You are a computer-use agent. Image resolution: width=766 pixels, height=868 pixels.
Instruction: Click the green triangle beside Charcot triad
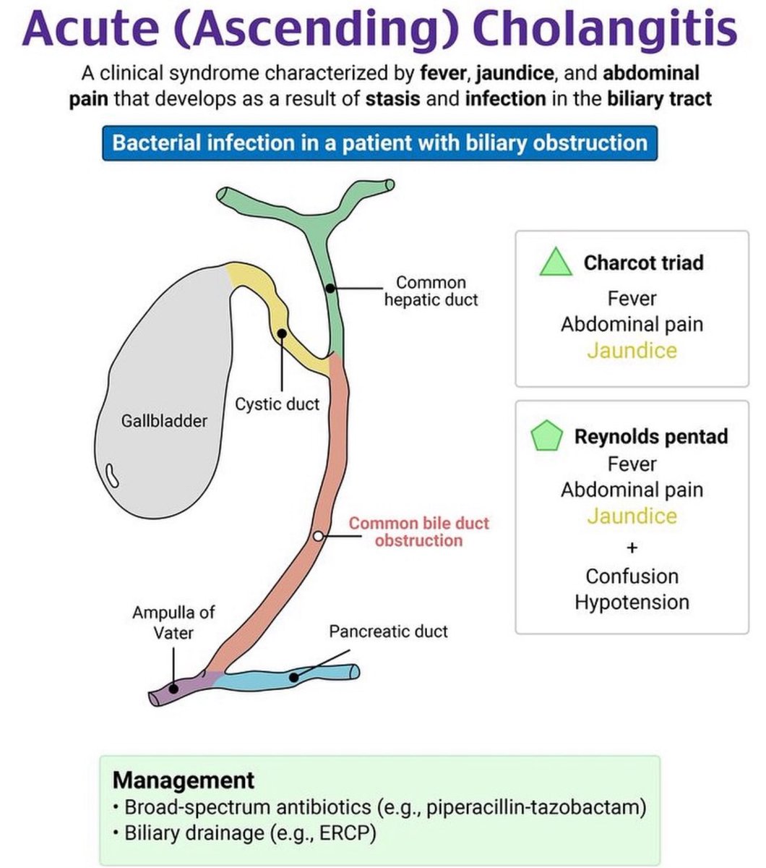(556, 262)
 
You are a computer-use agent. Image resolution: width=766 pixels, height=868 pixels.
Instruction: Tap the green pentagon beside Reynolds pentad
(546, 435)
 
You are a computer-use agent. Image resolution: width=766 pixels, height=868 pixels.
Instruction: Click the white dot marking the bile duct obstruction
(318, 536)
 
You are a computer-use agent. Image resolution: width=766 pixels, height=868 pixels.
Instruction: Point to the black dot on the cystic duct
(282, 333)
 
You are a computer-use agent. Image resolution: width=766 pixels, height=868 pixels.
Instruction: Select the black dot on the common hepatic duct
(330, 289)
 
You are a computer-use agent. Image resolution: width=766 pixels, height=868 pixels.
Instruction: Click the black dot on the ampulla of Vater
(173, 689)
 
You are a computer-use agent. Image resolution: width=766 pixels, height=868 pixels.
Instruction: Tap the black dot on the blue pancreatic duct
(293, 678)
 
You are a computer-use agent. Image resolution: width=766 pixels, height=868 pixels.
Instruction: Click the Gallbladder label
(164, 421)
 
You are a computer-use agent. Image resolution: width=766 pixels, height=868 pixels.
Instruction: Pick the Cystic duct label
(277, 404)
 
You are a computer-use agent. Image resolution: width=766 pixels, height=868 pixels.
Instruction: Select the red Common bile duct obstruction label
(418, 532)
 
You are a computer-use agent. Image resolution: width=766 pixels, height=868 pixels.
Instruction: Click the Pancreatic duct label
(388, 631)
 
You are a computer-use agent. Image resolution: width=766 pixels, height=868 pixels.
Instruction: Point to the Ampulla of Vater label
(173, 623)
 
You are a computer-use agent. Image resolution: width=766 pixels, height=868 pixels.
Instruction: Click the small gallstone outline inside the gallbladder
(112, 475)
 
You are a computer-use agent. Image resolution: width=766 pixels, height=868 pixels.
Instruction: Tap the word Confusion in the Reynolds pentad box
(632, 576)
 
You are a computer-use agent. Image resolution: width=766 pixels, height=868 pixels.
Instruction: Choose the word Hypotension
(632, 603)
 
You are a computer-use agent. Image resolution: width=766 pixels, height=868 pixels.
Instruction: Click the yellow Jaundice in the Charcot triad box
(632, 351)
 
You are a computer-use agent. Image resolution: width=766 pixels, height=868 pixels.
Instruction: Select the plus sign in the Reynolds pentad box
(632, 548)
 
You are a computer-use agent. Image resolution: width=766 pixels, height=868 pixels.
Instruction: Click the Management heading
(184, 780)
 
